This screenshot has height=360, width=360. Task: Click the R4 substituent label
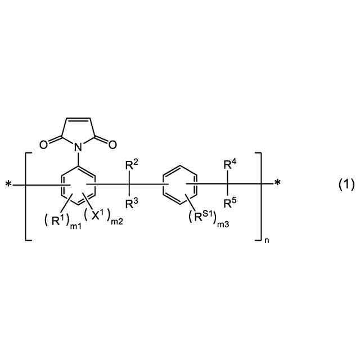click(x=229, y=165)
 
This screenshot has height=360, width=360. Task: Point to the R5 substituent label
click(x=229, y=203)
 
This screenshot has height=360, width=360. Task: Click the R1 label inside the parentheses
click(x=58, y=219)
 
